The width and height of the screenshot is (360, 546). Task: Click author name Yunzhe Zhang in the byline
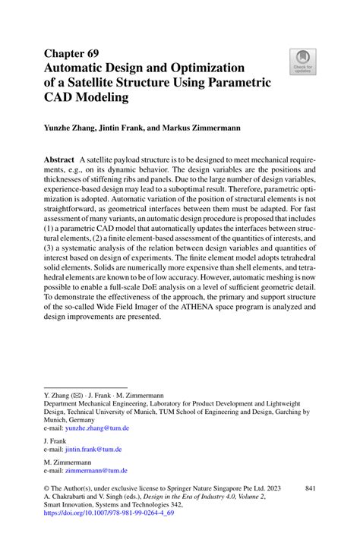72,128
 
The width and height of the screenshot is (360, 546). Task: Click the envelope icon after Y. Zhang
77,396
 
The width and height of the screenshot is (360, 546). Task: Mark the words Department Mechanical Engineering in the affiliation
95,405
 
